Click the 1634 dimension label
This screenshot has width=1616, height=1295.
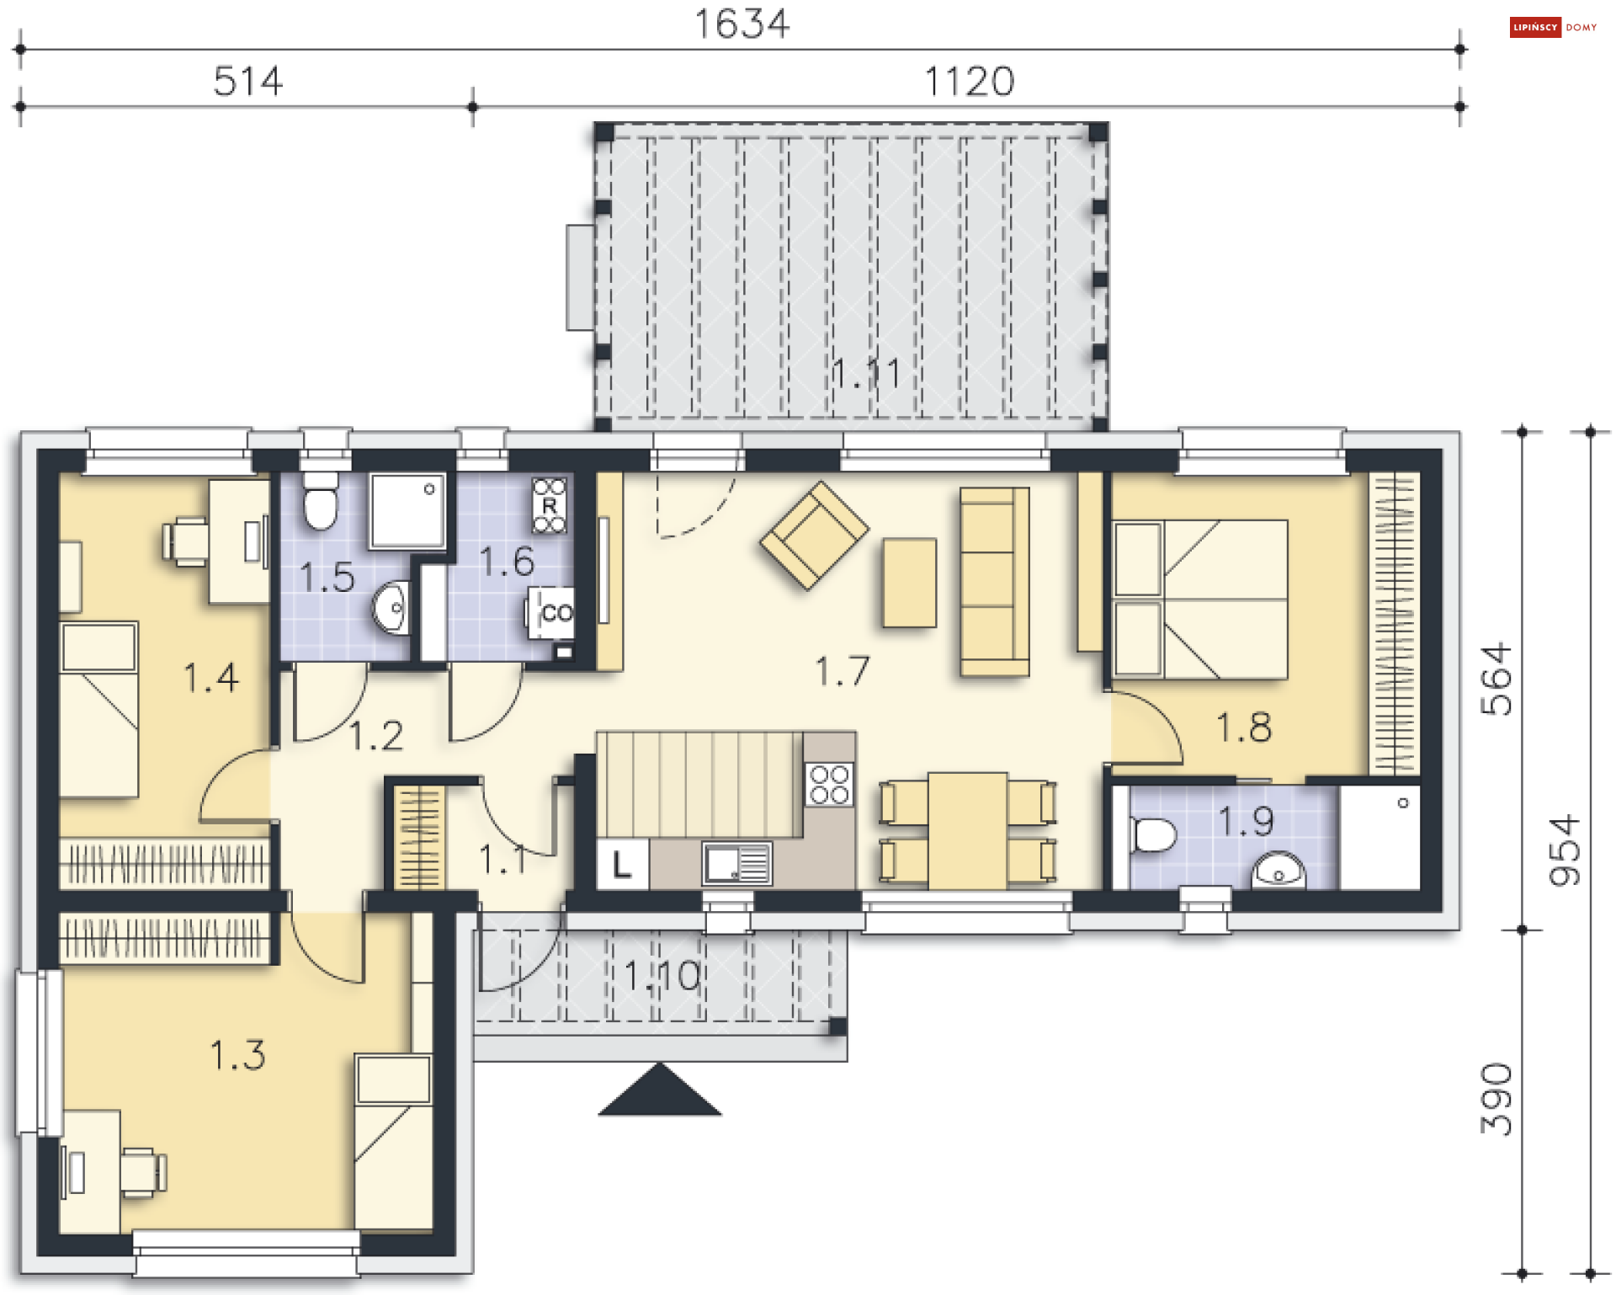tap(742, 24)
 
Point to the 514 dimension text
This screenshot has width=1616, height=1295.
tap(248, 82)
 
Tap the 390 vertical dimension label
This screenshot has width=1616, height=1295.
tap(1497, 1099)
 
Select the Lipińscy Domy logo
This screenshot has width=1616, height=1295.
tap(1553, 27)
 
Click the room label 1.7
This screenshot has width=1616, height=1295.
tap(843, 671)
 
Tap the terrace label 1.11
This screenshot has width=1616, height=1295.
tap(866, 373)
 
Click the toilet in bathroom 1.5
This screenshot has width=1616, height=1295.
tap(320, 500)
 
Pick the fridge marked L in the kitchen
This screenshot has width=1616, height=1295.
tap(622, 864)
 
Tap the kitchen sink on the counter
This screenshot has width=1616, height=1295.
tap(736, 864)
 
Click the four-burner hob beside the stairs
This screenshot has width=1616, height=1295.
tap(829, 785)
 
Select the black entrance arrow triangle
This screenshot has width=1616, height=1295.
tap(660, 1090)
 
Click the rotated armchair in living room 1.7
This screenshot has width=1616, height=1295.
tap(814, 536)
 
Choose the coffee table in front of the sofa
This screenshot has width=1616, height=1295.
tap(909, 583)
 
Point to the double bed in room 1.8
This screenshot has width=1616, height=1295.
tap(1200, 600)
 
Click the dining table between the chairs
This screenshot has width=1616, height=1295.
tap(968, 831)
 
